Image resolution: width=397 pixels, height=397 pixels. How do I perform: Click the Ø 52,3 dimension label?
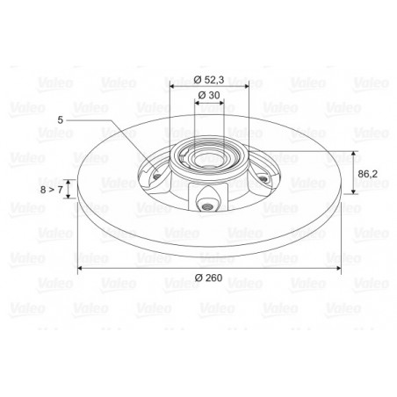[209, 80]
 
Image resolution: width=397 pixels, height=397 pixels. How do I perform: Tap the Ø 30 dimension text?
[209, 95]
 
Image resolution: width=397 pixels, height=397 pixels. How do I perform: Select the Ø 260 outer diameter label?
[209, 278]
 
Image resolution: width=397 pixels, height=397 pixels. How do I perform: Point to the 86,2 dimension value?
[368, 174]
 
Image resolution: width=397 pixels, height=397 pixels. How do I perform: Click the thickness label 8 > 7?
[52, 190]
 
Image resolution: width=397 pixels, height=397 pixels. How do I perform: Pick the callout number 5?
[60, 120]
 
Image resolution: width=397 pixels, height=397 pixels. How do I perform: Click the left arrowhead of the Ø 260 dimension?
[79, 268]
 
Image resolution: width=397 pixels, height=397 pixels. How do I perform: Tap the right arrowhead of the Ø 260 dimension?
[339, 268]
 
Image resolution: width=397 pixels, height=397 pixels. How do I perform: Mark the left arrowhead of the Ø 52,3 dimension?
[172, 86]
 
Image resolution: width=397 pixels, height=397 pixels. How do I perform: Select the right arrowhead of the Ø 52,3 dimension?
[247, 86]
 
